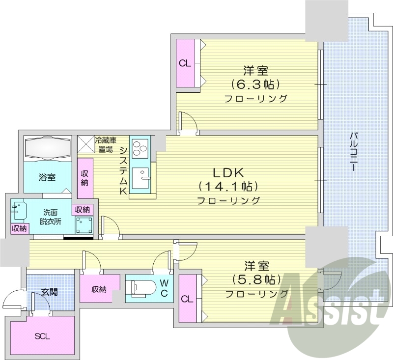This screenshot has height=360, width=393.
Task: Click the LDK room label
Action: [228, 173]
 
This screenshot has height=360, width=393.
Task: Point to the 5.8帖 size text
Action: [256, 279]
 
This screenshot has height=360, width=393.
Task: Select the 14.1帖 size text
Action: [228, 187]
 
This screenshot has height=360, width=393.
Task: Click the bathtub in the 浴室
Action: [48, 147]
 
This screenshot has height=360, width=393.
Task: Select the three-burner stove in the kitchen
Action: [140, 147]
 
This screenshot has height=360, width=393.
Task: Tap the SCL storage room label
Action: [42, 336]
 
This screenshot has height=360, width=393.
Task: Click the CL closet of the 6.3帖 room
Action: [185, 63]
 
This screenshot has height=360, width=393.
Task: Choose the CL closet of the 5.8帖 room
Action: [186, 299]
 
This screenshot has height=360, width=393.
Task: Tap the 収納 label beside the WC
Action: [99, 289]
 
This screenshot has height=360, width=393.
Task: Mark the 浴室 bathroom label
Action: [47, 177]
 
